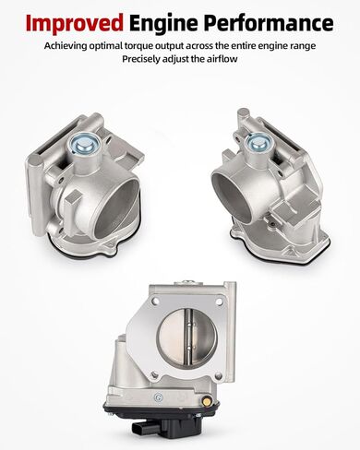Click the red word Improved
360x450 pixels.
75,24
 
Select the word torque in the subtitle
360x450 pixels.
138,46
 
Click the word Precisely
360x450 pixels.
141,59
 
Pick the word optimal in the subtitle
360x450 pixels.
105,46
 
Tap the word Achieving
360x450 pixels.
66,46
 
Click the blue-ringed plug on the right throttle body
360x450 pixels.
258,142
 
